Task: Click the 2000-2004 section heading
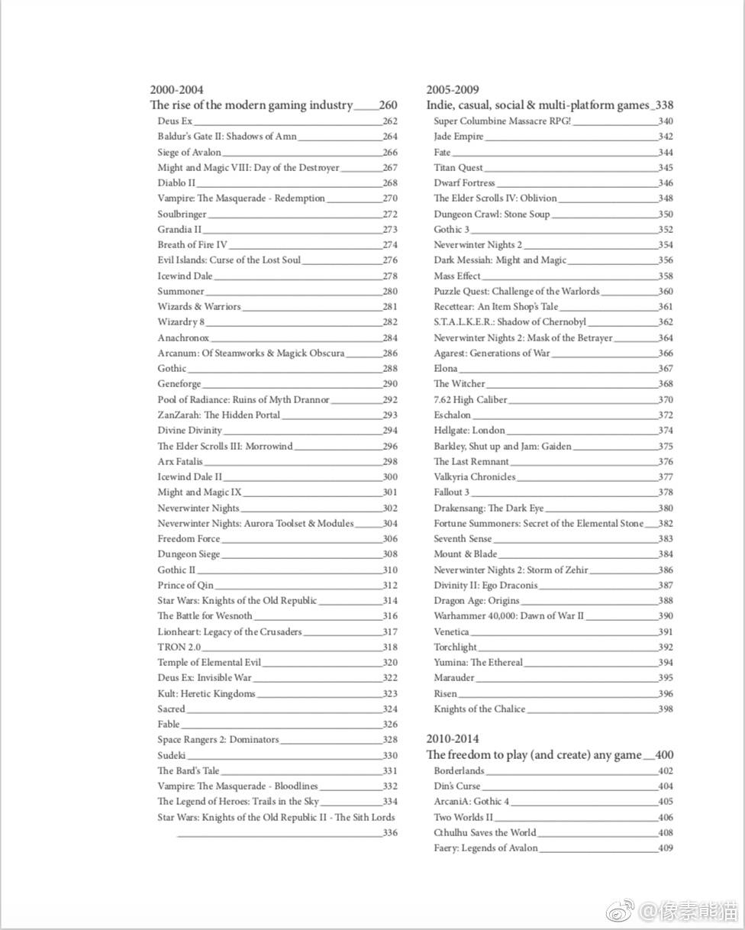tap(176, 90)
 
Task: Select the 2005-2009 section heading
tap(453, 90)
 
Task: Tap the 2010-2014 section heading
tap(453, 739)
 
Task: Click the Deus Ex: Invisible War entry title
tap(204, 678)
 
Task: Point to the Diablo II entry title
tap(176, 183)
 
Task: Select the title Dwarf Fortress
tap(464, 183)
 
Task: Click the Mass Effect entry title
tap(457, 276)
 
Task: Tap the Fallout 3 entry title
tap(451, 492)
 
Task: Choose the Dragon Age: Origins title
tap(476, 601)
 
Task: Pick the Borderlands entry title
tap(459, 771)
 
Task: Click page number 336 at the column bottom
tap(390, 833)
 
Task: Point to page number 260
tap(388, 105)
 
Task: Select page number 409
tap(665, 848)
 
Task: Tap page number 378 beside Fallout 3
tap(665, 492)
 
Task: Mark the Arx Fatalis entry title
tap(180, 462)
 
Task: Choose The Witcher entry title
tap(459, 384)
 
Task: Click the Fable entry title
tap(169, 725)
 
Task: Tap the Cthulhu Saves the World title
tap(485, 833)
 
